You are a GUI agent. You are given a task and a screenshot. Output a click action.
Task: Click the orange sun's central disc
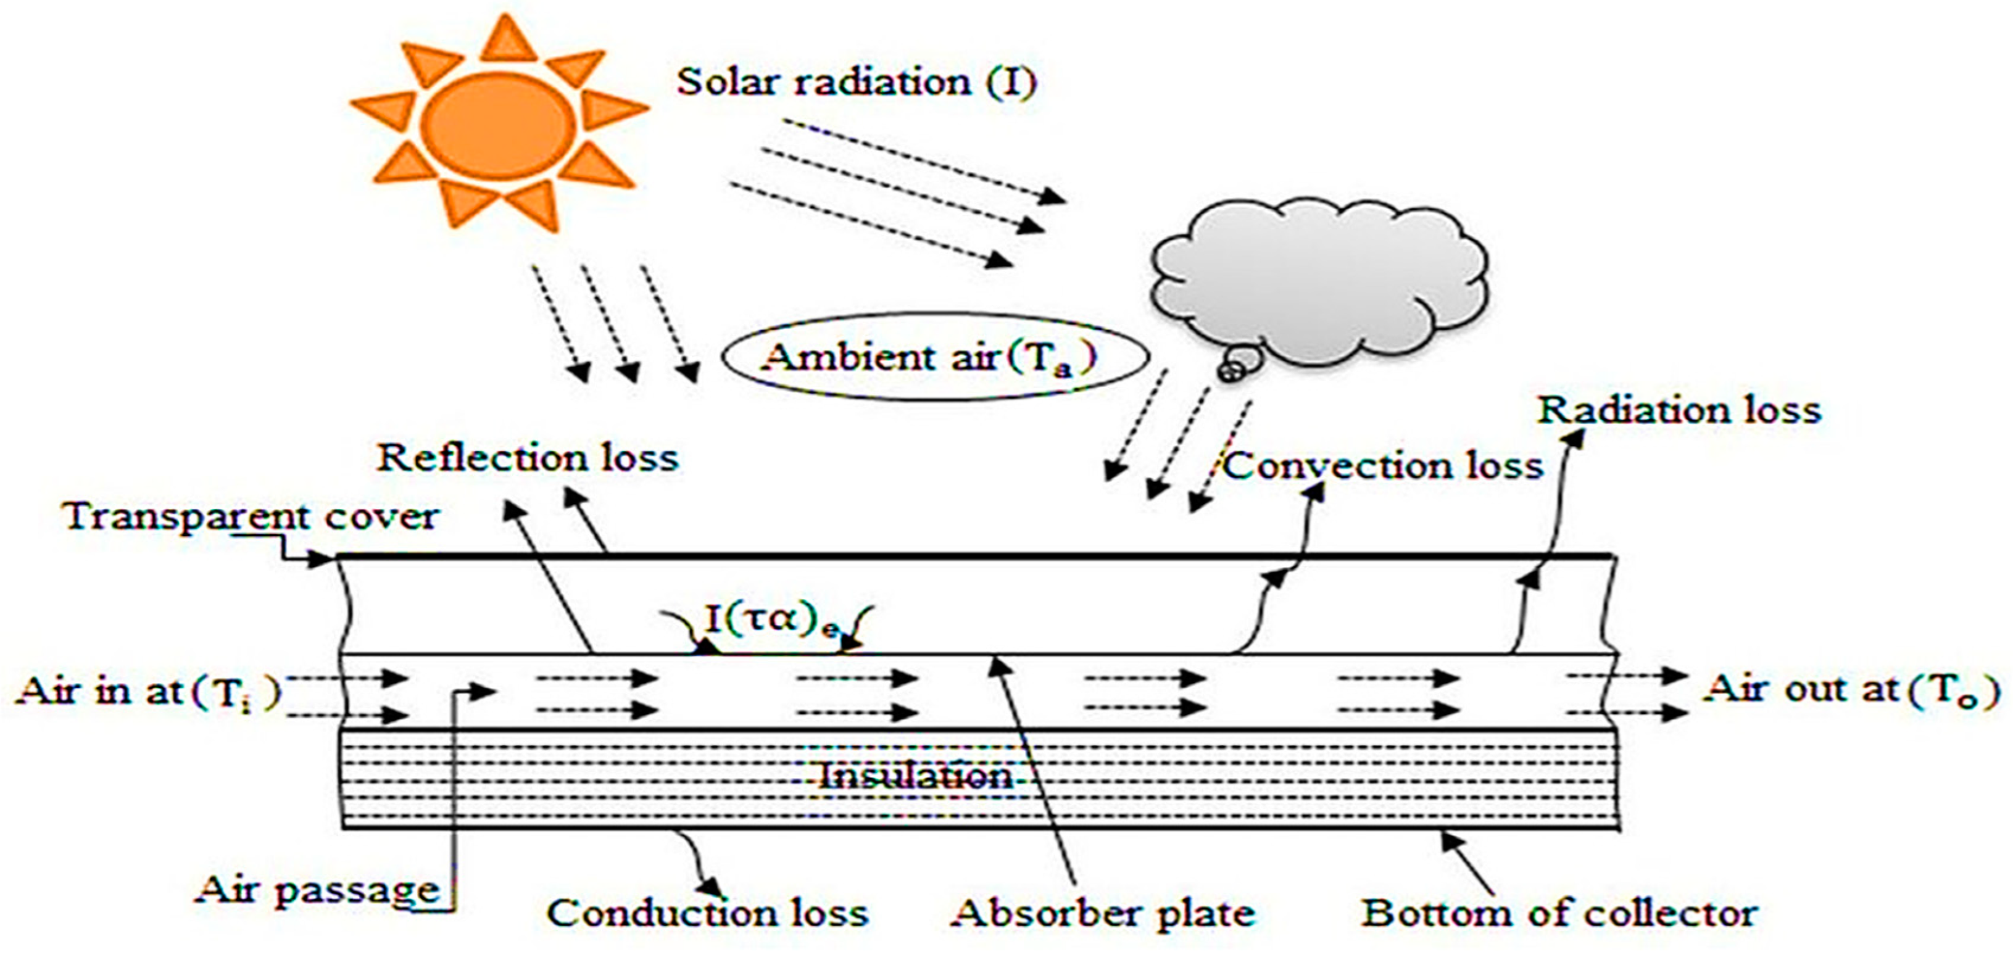[499, 125]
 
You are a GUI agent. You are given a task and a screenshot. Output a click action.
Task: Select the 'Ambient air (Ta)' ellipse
[934, 357]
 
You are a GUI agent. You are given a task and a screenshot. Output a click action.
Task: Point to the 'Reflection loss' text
[528, 458]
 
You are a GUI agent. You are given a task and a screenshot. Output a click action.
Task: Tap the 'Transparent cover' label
[252, 516]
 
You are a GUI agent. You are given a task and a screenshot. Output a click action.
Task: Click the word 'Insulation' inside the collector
[915, 776]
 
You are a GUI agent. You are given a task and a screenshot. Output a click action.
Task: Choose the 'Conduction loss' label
[707, 913]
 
